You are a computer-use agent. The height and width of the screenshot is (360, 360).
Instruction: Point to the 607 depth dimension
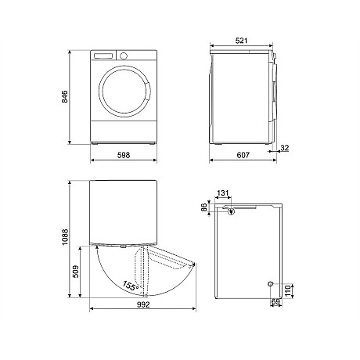pyautogui.click(x=243, y=156)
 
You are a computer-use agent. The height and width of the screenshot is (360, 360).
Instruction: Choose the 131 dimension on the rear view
pyautogui.click(x=224, y=193)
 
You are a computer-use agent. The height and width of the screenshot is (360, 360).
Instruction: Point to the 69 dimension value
pyautogui.click(x=274, y=301)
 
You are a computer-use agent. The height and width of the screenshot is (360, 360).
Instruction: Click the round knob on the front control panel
pyautogui.click(x=124, y=56)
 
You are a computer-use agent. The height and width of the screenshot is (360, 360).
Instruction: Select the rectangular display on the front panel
pyautogui.click(x=104, y=56)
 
